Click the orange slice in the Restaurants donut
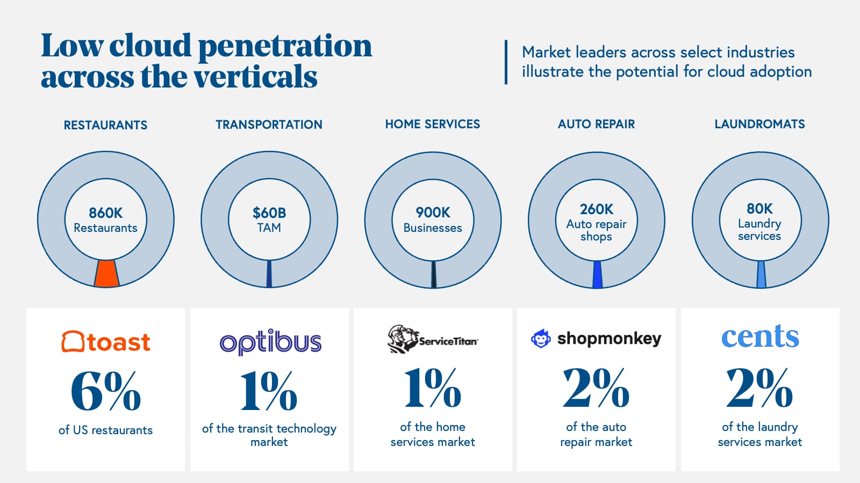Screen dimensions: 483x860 (x=106, y=274)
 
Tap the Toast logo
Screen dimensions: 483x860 (x=106, y=342)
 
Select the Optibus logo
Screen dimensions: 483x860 (x=270, y=342)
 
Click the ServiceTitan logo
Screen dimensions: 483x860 (x=433, y=339)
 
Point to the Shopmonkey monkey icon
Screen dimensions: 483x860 (x=540, y=339)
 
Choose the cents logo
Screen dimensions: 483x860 (x=759, y=336)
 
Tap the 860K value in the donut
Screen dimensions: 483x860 (x=106, y=213)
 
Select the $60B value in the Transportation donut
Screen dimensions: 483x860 (x=269, y=213)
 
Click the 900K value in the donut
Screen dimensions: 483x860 (x=433, y=213)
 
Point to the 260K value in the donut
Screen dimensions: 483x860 (x=596, y=209)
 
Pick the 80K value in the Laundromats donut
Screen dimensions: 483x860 (x=759, y=208)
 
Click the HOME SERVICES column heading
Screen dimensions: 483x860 (x=433, y=124)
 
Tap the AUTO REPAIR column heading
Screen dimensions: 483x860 (x=596, y=124)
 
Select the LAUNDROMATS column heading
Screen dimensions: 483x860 (x=759, y=124)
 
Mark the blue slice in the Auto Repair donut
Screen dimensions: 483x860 (x=597, y=274)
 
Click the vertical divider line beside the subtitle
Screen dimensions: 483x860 (x=506, y=62)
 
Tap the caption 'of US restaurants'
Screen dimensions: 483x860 (x=106, y=430)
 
